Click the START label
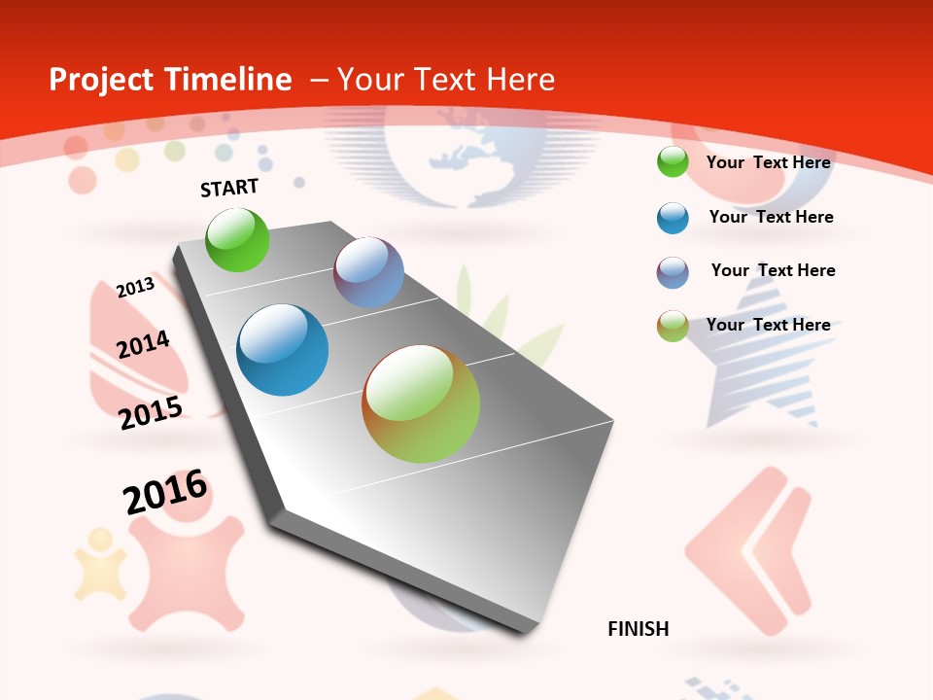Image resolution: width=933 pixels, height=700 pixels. [x=229, y=188]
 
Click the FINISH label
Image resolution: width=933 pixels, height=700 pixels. [x=638, y=629]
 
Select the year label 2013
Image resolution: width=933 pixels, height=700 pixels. [x=135, y=287]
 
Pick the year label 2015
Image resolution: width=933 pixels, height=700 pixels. [x=151, y=412]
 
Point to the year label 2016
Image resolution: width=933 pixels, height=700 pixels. [x=165, y=492]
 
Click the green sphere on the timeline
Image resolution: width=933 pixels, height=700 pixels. [x=237, y=239]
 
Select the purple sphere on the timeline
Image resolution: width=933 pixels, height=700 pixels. [x=368, y=272]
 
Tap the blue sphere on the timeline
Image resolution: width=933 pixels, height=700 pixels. [x=283, y=350]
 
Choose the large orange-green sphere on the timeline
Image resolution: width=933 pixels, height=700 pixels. [x=421, y=403]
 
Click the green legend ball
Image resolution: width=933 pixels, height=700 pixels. [x=673, y=162]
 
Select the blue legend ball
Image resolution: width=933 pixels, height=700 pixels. [x=673, y=218]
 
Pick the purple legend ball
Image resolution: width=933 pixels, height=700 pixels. [x=673, y=272]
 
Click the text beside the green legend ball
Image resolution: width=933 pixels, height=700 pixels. [x=768, y=162]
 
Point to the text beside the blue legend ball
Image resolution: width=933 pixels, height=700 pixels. [x=771, y=217]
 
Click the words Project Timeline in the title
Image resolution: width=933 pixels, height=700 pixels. [x=170, y=80]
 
